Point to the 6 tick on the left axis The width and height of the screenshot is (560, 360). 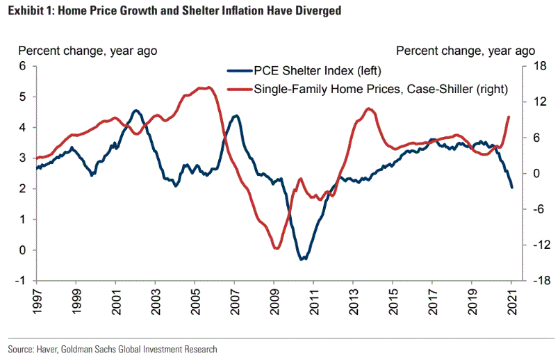(22, 67)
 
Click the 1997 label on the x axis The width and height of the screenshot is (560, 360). (35, 298)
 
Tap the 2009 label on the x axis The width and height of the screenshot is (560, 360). (274, 298)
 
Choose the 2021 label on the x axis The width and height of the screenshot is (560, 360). (512, 298)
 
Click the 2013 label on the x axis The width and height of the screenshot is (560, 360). (353, 298)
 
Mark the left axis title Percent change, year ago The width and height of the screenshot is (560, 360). (88, 51)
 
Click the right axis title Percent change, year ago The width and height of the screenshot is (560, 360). (466, 51)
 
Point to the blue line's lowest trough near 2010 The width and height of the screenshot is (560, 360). (302, 259)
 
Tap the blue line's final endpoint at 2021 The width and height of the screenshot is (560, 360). (512, 188)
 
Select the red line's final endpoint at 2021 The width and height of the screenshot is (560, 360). (509, 117)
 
